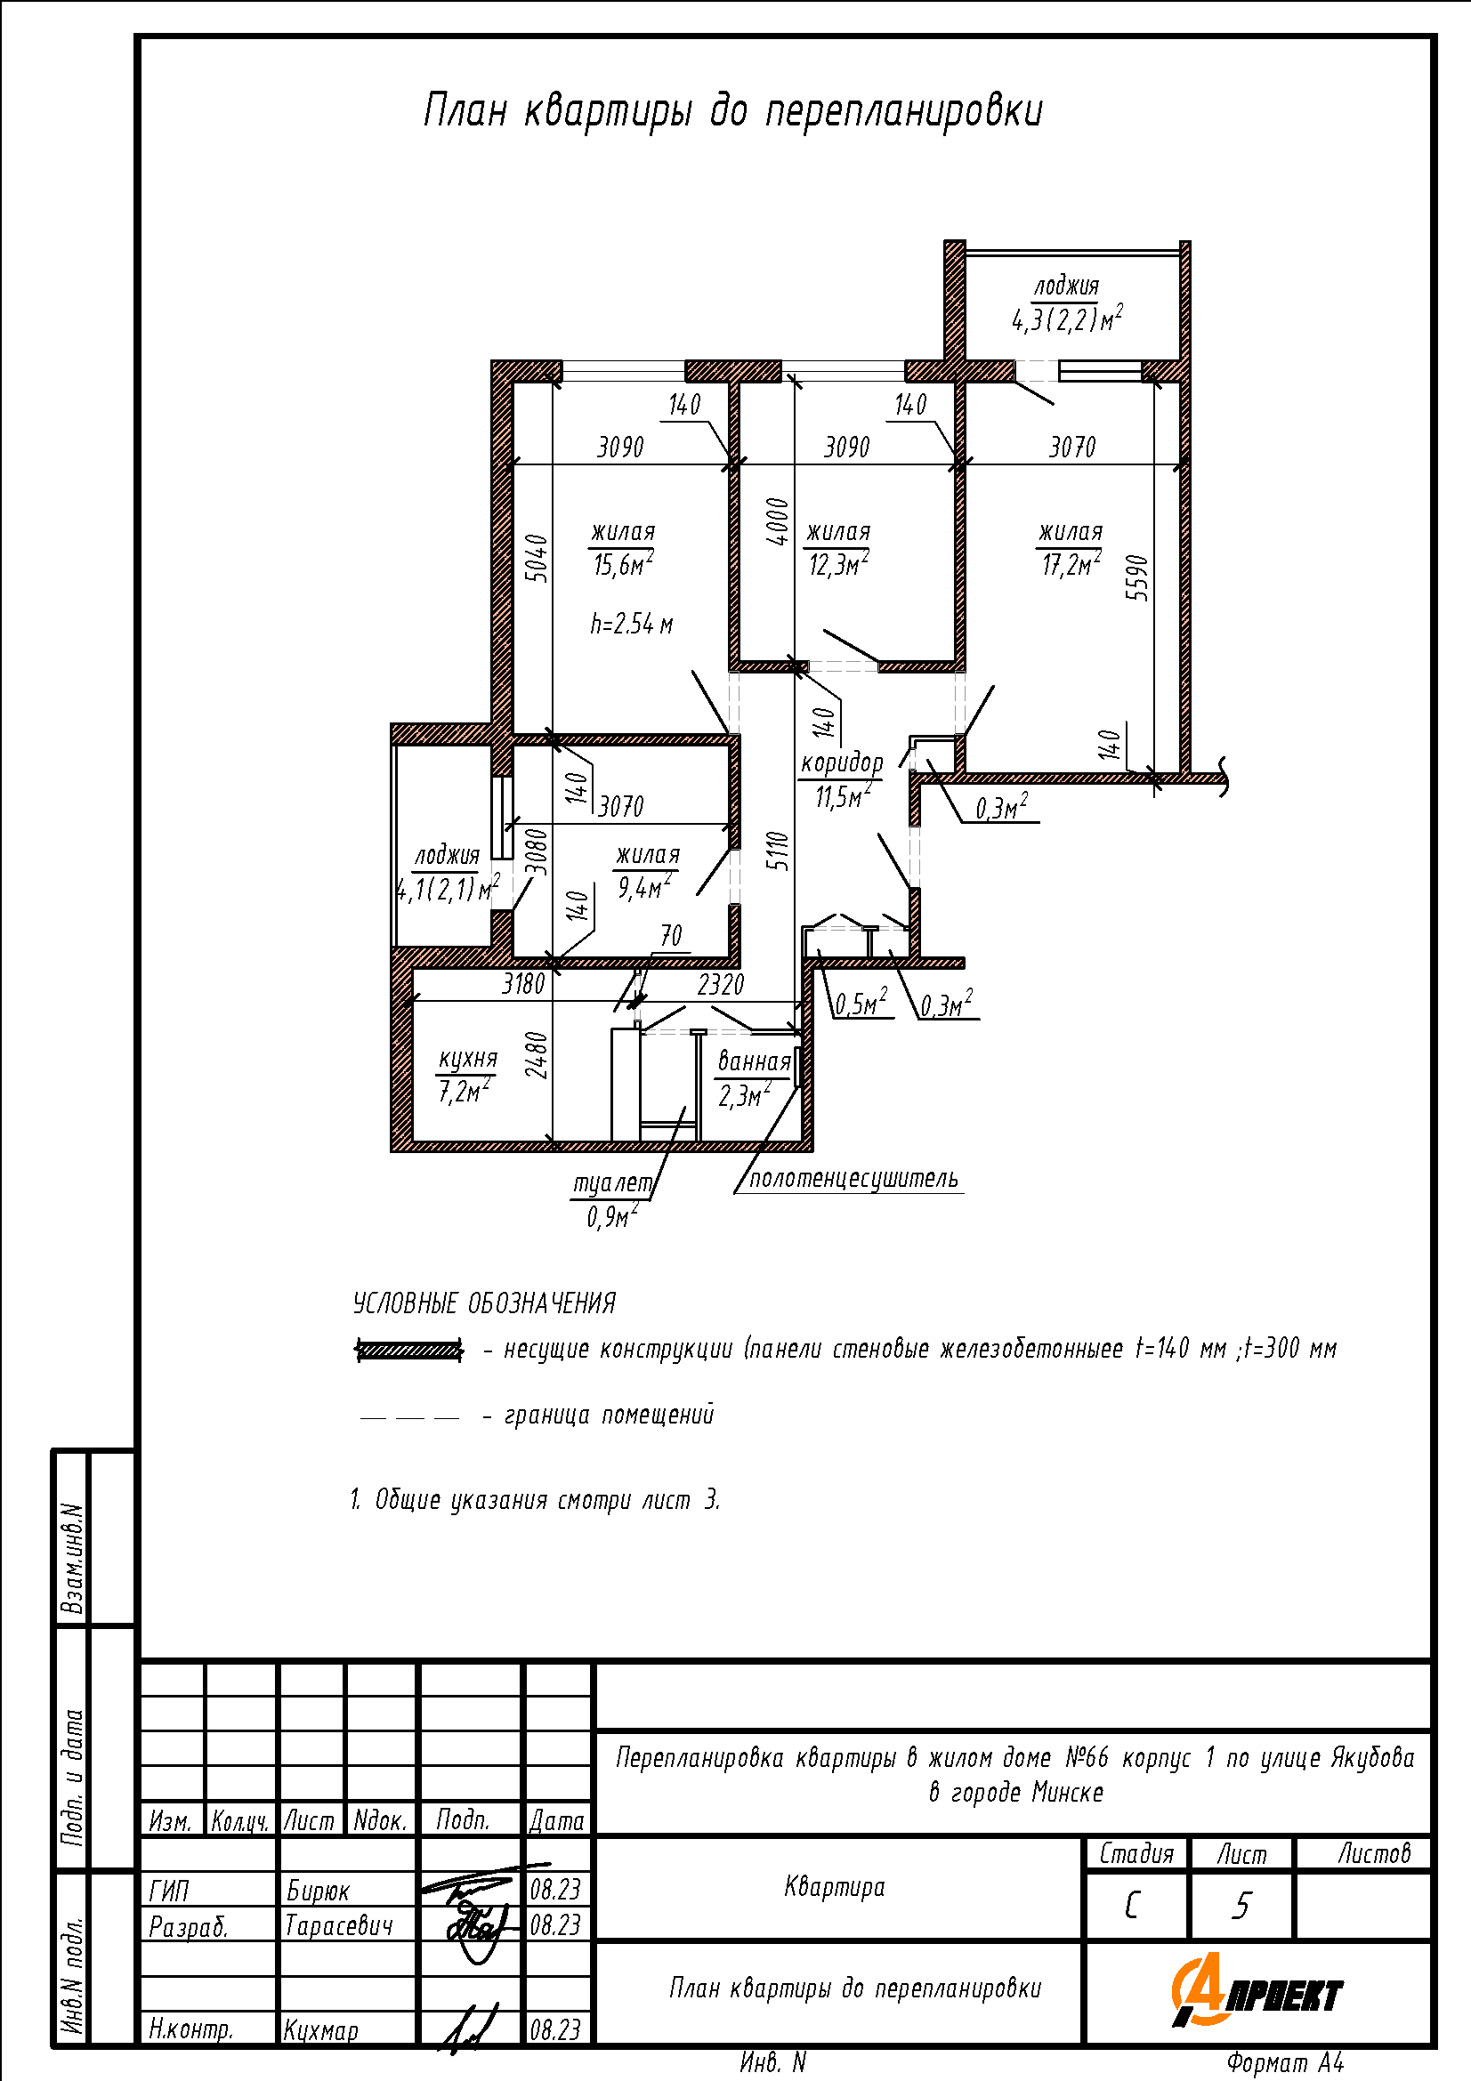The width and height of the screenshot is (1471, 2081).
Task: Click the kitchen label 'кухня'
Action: tap(468, 1059)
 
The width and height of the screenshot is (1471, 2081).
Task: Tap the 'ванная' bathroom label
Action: tap(754, 1061)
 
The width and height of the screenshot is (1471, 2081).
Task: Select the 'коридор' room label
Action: tap(841, 763)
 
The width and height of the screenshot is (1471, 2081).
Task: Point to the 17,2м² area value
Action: tap(1071, 564)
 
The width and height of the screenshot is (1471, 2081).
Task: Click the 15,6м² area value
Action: tap(624, 564)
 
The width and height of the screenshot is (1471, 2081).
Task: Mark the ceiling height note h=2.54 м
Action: tap(632, 624)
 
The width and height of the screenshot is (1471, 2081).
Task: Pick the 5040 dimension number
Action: tap(537, 559)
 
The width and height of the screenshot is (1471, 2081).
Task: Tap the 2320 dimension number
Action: tap(721, 984)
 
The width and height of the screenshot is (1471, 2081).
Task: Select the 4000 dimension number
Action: tap(778, 522)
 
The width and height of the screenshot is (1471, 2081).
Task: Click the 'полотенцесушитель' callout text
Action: tap(853, 1178)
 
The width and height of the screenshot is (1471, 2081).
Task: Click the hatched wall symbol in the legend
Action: tap(409, 1351)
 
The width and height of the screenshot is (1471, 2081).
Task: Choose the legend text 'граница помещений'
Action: tap(609, 1415)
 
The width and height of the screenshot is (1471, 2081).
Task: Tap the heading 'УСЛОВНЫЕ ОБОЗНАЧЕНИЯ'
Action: tap(484, 1303)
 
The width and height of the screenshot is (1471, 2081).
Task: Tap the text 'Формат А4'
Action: tap(1285, 2063)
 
